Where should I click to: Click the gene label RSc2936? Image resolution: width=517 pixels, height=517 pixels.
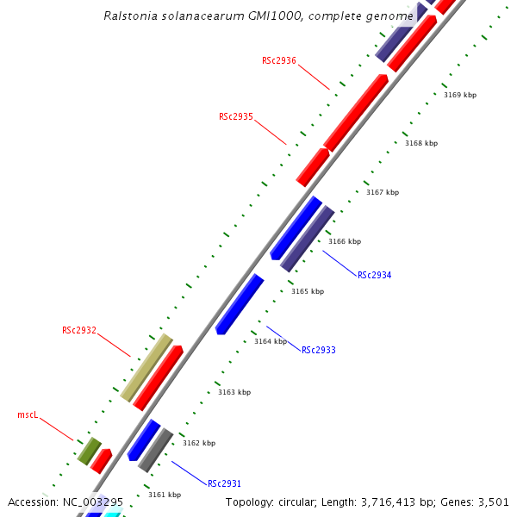tap(279, 60)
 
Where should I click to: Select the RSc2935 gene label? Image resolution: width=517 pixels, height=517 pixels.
tap(236, 116)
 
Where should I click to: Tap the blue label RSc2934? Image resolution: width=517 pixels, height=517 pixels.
tap(375, 276)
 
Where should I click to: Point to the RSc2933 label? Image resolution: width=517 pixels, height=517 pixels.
tap(319, 351)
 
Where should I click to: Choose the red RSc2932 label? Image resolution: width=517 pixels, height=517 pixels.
tap(79, 330)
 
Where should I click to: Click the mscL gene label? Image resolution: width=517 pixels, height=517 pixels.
tap(28, 414)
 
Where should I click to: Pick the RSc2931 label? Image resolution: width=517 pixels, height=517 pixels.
tap(225, 483)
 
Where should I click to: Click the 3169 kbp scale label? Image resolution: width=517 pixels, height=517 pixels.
tap(460, 95)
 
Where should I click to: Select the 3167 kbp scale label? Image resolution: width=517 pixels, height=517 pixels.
tap(383, 192)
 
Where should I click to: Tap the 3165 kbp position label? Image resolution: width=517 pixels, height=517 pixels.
tap(308, 291)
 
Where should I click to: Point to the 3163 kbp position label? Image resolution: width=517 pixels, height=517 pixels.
tap(234, 392)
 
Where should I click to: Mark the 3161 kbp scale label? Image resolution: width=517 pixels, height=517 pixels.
tap(165, 495)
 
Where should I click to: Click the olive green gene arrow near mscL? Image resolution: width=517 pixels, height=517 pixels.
tap(89, 451)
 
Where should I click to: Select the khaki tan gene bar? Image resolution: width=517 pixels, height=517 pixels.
tap(146, 368)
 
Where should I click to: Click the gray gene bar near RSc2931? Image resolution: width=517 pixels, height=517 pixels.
tap(156, 450)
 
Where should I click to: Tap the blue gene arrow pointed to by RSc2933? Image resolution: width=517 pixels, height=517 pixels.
tap(240, 303)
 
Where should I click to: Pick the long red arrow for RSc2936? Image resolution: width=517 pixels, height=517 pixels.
tap(356, 112)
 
